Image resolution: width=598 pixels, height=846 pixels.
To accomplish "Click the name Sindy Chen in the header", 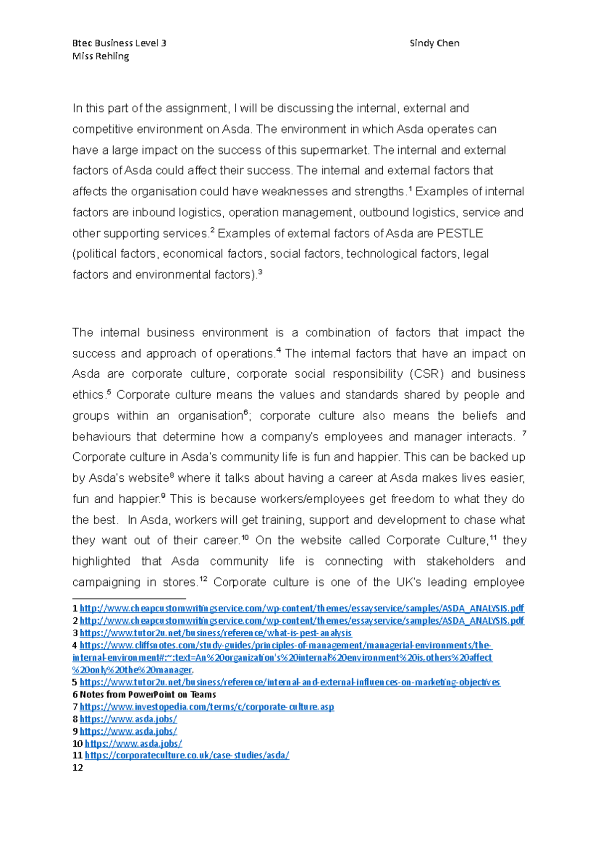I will point(434,43).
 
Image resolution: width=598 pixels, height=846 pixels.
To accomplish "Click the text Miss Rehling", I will point(101,56).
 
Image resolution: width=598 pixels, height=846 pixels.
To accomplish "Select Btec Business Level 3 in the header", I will point(119,43).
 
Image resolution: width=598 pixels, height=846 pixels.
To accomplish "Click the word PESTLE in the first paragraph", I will point(459,233).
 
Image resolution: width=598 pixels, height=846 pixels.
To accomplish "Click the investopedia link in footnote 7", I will point(206,706).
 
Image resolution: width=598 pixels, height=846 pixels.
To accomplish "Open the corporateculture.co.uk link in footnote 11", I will point(186,755).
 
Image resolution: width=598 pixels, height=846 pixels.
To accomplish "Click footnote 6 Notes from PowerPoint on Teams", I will point(148,695).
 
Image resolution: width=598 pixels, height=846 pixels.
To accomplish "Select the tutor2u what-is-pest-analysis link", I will point(215,633).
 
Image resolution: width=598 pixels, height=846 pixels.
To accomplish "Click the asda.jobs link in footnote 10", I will point(133,743).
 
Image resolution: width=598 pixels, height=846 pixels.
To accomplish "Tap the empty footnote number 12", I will point(78,768).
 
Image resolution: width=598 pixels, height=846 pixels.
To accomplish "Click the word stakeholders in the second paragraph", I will point(460,561).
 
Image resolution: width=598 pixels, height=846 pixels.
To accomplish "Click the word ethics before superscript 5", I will point(88,395).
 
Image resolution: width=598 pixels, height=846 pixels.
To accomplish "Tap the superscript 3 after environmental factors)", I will point(260,272).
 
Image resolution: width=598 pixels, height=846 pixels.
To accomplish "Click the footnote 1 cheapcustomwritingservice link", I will point(301,608).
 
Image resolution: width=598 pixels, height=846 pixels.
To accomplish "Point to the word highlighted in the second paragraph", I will point(101,561).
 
